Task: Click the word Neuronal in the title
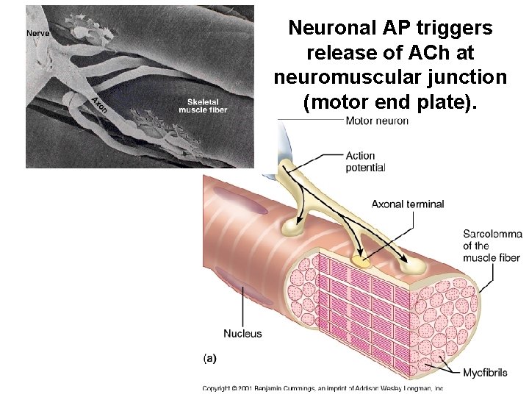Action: (x=332, y=29)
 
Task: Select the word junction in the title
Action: (x=469, y=77)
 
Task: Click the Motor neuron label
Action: (x=377, y=121)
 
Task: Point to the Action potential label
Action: (x=365, y=162)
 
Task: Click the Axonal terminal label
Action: (x=408, y=204)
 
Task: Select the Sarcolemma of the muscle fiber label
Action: (x=492, y=246)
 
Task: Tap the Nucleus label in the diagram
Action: (x=242, y=334)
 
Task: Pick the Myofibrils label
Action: (x=485, y=373)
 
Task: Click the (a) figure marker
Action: (x=209, y=358)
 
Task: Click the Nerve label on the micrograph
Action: (x=38, y=33)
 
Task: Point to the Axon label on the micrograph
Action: (x=100, y=104)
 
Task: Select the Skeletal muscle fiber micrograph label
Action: (x=203, y=105)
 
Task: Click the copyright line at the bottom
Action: (x=323, y=387)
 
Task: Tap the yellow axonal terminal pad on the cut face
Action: (x=361, y=260)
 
